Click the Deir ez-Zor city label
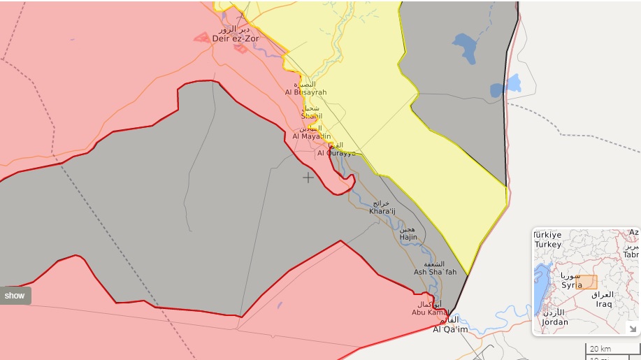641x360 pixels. click(236, 38)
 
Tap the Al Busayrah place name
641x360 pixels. click(305, 92)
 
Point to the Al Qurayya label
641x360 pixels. click(336, 152)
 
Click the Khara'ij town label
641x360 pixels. click(382, 210)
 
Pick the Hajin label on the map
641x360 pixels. click(408, 237)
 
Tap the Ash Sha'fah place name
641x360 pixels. click(435, 272)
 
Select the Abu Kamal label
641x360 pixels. click(427, 312)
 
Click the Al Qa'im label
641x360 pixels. click(450, 329)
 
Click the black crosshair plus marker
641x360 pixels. click(308, 178)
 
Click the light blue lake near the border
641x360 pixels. click(512, 84)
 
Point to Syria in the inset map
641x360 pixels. click(572, 285)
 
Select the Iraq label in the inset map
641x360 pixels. click(603, 304)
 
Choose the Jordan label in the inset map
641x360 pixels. click(554, 322)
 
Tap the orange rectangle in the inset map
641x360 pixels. click(587, 282)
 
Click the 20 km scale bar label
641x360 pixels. click(600, 348)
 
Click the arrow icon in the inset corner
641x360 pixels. click(632, 328)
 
